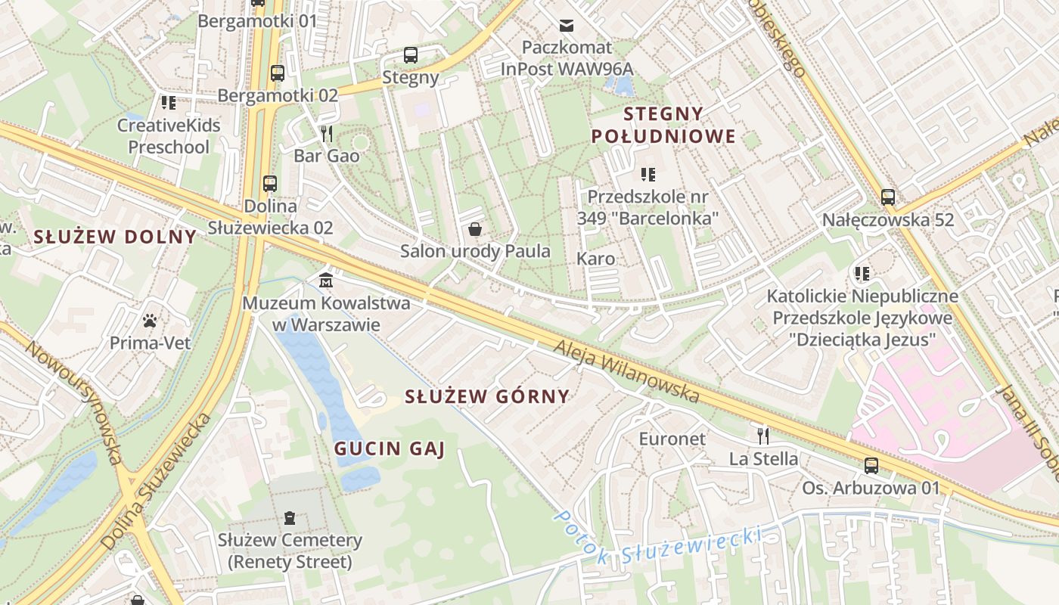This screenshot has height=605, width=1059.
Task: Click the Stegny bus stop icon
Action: pos(411,55)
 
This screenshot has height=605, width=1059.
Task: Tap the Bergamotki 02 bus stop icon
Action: pos(278,73)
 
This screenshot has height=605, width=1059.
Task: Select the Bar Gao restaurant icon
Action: pos(327,134)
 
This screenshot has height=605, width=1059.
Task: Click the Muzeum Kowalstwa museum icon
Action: pos(326,280)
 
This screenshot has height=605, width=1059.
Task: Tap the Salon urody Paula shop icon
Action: pos(475,228)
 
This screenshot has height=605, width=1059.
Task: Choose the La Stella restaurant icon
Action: pos(763,436)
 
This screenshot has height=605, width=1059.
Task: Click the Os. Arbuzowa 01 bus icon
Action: pos(871,466)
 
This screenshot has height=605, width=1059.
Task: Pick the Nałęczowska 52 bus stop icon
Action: pos(888,197)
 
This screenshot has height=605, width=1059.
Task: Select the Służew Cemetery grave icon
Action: pos(289,518)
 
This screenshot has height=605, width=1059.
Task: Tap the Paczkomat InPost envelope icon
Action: pos(566,26)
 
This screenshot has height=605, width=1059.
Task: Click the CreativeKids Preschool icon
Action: pos(168,102)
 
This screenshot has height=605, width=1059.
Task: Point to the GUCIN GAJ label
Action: pos(390,448)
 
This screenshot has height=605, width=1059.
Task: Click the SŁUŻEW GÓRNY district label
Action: pos(486,396)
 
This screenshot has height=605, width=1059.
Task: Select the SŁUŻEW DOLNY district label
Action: pos(115,237)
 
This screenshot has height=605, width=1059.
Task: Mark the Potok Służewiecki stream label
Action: pos(657,546)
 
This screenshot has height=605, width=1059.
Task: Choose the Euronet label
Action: pos(672,439)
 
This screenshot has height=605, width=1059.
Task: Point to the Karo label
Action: pos(596,259)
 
